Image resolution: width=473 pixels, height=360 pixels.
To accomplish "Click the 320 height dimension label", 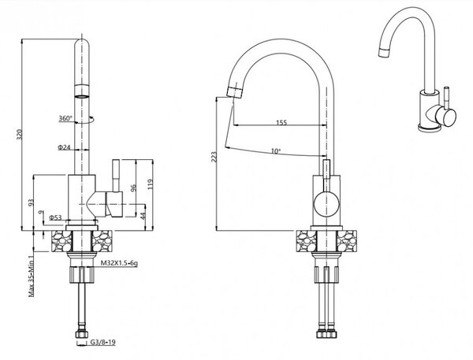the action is pyautogui.click(x=20, y=135).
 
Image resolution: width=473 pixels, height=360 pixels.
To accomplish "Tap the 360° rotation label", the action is pyautogui.click(x=65, y=118).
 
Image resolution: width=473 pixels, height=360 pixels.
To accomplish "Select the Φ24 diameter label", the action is pyautogui.click(x=64, y=147).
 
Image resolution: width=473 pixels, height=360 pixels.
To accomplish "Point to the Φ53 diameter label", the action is pyautogui.click(x=55, y=217).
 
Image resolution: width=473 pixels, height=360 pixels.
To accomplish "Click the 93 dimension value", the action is pyautogui.click(x=31, y=202).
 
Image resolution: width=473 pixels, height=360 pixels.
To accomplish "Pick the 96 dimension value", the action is pyautogui.click(x=134, y=187).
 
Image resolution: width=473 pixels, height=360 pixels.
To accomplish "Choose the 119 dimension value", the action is pyautogui.click(x=151, y=184).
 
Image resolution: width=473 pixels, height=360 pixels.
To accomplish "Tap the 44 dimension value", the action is pyautogui.click(x=143, y=215).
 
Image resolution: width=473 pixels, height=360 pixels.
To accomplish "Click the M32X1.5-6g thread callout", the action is pyautogui.click(x=119, y=263).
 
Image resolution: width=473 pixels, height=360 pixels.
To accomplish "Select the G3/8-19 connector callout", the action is pyautogui.click(x=102, y=343).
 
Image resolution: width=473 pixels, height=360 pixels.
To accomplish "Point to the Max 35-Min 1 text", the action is pyautogui.click(x=31, y=276).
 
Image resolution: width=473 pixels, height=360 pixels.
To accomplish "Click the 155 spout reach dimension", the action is pyautogui.click(x=281, y=122).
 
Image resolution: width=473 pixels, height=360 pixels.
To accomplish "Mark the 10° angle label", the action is pyautogui.click(x=275, y=150).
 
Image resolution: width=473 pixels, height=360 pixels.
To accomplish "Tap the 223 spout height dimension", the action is pyautogui.click(x=214, y=157).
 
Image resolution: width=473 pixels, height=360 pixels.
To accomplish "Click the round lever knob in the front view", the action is pyautogui.click(x=326, y=204).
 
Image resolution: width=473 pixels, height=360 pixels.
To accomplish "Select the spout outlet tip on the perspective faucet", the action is pyautogui.click(x=384, y=53).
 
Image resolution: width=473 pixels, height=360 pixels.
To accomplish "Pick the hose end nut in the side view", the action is pyautogui.click(x=82, y=334).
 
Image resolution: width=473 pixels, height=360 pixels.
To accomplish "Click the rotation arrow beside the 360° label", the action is pyautogui.click(x=91, y=120).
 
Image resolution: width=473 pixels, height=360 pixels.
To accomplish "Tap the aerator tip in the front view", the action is pyautogui.click(x=235, y=91).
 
